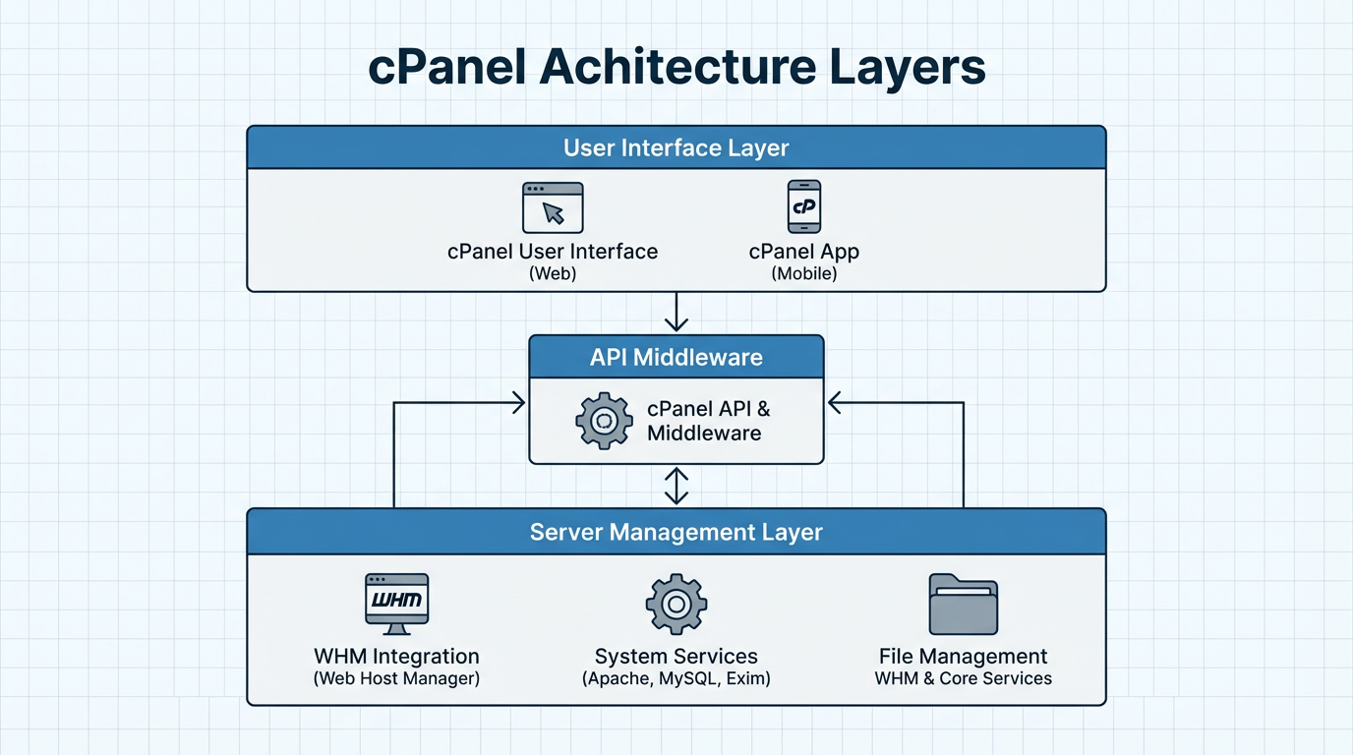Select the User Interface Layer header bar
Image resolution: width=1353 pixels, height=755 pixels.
point(676,147)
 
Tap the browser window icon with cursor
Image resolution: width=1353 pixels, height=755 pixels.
point(553,207)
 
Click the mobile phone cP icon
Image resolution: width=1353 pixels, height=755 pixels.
point(804,206)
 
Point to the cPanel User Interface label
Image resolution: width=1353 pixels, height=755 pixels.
point(553,252)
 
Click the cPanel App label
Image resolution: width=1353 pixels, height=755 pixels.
point(804,252)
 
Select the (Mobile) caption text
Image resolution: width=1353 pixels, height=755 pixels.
point(804,274)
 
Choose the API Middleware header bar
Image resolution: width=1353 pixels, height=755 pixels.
point(676,357)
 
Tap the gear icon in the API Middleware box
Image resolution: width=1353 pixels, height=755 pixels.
point(604,421)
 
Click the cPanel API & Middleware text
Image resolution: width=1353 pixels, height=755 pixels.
point(708,421)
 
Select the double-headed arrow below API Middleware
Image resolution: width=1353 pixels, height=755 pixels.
point(676,486)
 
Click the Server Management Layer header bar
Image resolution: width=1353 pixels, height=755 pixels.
point(676,532)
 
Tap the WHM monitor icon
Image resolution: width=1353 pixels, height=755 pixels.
point(396,603)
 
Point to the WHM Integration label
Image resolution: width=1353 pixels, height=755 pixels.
point(396,656)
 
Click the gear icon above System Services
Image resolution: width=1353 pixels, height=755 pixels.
point(676,604)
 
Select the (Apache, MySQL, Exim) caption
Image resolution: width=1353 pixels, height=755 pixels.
point(676,679)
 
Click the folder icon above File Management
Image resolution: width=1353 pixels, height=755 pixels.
point(963,604)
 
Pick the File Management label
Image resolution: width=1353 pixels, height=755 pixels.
point(963,656)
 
